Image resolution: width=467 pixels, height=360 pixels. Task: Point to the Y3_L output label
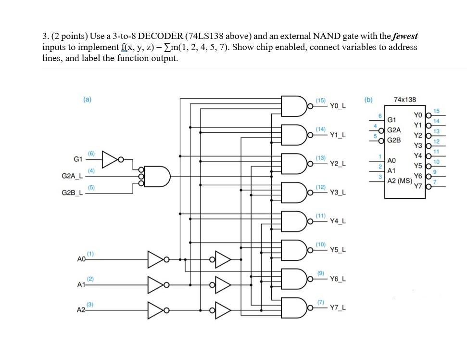(x=339, y=193)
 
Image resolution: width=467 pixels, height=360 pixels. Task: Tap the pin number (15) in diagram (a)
(x=321, y=100)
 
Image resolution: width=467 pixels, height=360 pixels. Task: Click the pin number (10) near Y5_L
(x=321, y=244)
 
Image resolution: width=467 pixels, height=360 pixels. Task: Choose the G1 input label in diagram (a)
(x=78, y=159)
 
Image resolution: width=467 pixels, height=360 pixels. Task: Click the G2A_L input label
(x=73, y=176)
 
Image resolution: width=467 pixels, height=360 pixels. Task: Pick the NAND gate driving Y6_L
(x=293, y=279)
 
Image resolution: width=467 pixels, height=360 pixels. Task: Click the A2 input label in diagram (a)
(x=81, y=309)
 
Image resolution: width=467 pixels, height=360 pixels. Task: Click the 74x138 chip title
(x=404, y=100)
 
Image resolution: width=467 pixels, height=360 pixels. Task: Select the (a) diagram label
(x=87, y=99)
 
